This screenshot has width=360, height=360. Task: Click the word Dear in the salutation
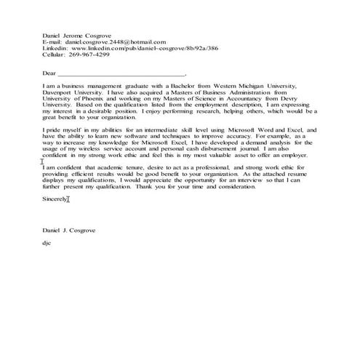click(49, 73)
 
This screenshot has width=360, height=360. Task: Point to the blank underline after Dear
click(121, 74)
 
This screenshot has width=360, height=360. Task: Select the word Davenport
click(59, 93)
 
